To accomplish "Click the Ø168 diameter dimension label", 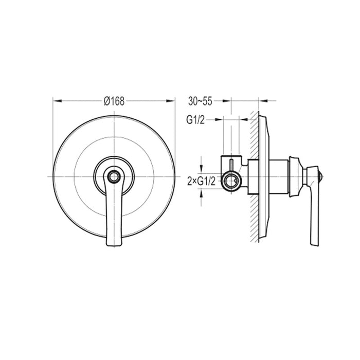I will [114, 101].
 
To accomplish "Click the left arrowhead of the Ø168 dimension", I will [56, 101].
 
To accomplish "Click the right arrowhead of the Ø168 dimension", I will [172, 101].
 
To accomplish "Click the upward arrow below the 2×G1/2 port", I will [202, 191].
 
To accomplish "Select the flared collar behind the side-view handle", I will [295, 176].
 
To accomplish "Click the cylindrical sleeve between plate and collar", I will [278, 176].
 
